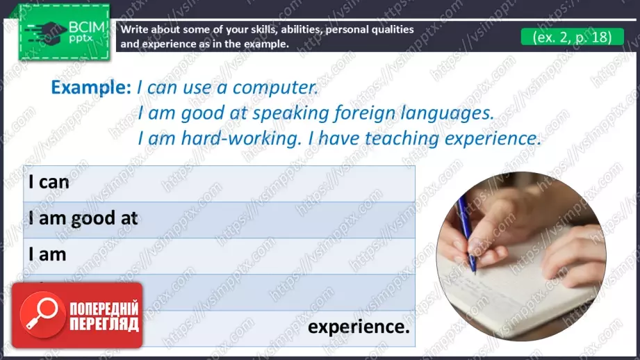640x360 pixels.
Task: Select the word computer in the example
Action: [274, 88]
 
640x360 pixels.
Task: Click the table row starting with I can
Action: [219, 183]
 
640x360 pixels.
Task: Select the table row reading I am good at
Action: [219, 219]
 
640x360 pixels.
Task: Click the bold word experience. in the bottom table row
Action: [359, 327]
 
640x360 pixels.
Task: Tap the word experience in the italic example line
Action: [491, 138]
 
